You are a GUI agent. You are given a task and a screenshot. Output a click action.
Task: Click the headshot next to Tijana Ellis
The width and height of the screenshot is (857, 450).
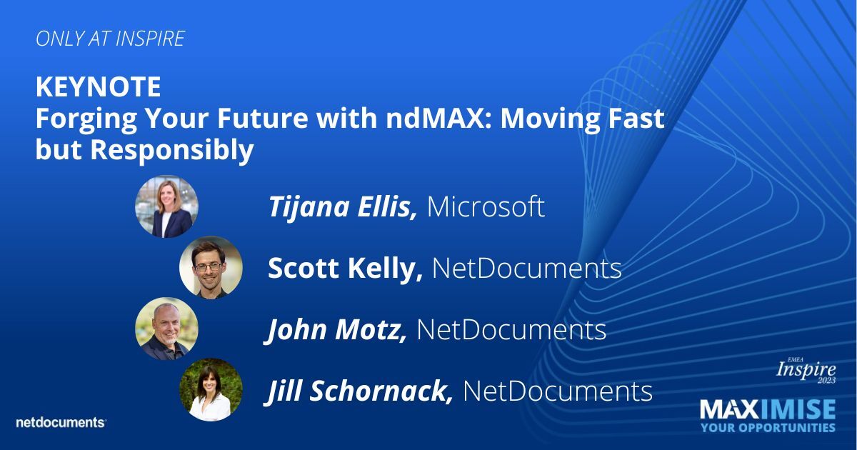(x=166, y=206)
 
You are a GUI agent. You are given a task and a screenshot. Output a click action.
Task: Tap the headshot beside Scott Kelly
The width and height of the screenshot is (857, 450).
(x=211, y=268)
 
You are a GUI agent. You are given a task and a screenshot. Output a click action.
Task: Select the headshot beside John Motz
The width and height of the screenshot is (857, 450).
(x=166, y=329)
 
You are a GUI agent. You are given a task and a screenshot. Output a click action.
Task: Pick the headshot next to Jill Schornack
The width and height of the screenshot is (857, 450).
(x=211, y=390)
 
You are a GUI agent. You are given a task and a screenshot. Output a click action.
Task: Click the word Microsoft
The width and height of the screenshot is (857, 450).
(x=486, y=207)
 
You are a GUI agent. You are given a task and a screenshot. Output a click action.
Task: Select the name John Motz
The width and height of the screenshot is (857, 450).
(x=336, y=330)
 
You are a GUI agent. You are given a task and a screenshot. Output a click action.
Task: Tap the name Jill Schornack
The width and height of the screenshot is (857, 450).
(x=360, y=391)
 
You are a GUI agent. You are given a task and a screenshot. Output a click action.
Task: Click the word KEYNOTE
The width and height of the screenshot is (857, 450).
(x=98, y=88)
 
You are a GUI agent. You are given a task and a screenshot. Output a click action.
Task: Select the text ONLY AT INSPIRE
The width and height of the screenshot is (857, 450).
(x=110, y=39)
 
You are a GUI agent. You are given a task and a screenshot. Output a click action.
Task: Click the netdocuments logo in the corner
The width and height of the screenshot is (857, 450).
(x=61, y=422)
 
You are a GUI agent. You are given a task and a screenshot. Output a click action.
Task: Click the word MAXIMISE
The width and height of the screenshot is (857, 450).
(x=768, y=410)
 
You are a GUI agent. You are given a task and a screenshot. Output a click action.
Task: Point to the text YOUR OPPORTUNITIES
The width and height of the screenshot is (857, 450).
(x=768, y=428)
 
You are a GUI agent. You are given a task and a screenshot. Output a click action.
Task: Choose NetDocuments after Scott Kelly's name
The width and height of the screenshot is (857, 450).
(x=526, y=269)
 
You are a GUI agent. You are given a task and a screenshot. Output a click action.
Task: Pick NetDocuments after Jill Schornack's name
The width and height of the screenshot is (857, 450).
(x=558, y=391)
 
